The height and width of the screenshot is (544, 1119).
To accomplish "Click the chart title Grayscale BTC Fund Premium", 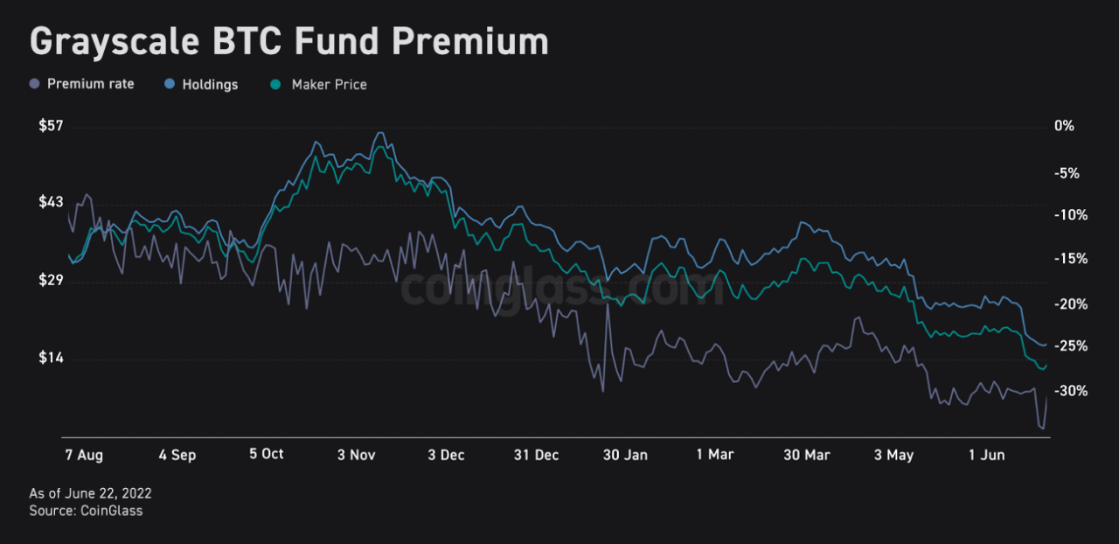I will pos(289,42).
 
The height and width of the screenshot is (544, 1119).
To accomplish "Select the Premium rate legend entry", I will pos(90,85).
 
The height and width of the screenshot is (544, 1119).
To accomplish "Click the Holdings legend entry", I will pos(210,85).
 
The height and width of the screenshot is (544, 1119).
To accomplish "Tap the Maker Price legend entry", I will pos(329,85).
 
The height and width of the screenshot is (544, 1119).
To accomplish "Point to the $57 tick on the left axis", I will pos(51,126).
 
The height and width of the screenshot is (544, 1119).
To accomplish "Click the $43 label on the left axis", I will pos(51,202).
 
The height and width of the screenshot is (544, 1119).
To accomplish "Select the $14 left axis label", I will pos(51,359).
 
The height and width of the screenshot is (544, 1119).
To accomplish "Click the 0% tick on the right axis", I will pos(1064,126).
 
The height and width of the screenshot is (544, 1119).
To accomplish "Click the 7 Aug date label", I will pos(84,455).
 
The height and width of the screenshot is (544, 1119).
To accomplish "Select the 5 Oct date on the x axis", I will pos(267,455).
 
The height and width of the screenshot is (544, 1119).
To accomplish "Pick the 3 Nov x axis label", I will pos(356,455).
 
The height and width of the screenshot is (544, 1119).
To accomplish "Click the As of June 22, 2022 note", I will pos(90,494).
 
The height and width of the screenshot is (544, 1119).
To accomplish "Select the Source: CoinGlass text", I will pos(86,511).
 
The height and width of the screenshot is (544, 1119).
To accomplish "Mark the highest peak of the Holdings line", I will pos(379,133).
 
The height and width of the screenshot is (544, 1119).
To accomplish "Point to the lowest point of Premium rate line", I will pos(1042,429).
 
